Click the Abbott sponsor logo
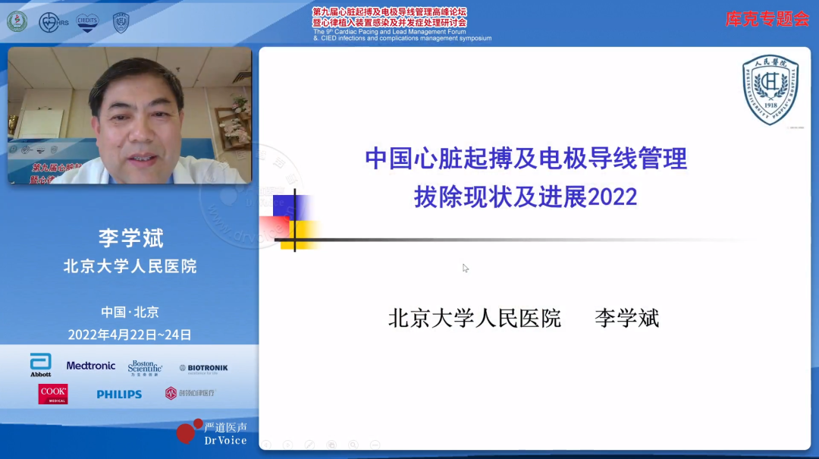40,365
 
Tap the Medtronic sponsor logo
91,366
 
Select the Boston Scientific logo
145,367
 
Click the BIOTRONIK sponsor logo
203,368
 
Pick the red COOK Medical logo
53,394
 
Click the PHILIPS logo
119,395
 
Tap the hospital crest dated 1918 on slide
770,90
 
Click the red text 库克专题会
767,20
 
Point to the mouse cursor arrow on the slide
466,268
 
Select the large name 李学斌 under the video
130,237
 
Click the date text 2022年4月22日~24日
130,335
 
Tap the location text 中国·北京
130,312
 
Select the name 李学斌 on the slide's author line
626,318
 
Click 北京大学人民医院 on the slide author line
475,318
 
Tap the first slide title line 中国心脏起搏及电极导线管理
526,159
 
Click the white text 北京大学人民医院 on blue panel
130,266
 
